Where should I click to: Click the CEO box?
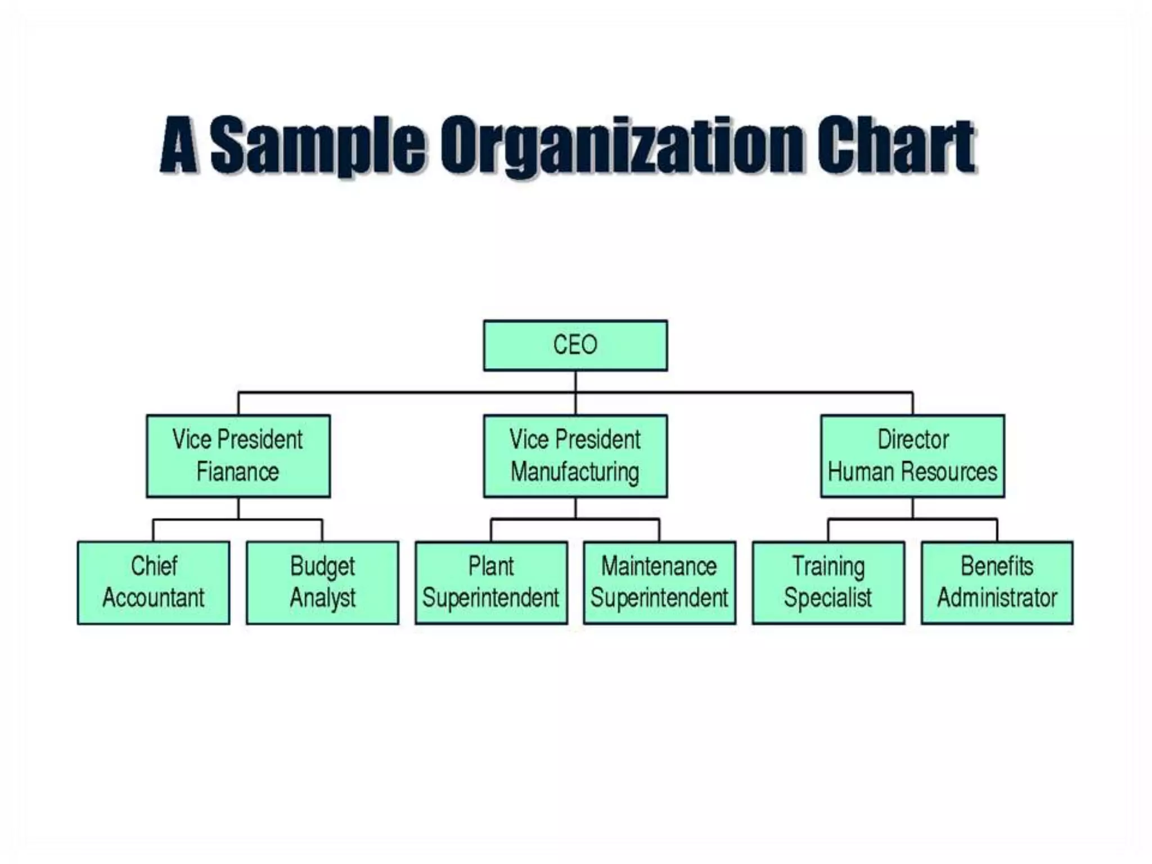(x=575, y=345)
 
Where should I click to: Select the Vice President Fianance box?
(x=238, y=456)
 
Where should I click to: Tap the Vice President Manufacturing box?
(x=575, y=456)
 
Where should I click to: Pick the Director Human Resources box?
(x=912, y=456)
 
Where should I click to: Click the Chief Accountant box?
(x=154, y=583)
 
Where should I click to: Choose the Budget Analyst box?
(x=322, y=583)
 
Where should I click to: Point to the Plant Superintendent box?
(x=491, y=583)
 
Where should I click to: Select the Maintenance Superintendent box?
(x=659, y=583)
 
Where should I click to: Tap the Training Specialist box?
(x=828, y=583)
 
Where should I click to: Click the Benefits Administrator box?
(x=997, y=583)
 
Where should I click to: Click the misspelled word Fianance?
(x=237, y=472)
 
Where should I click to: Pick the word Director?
(x=913, y=439)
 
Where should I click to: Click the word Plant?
(x=491, y=566)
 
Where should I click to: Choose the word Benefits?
(x=997, y=566)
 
